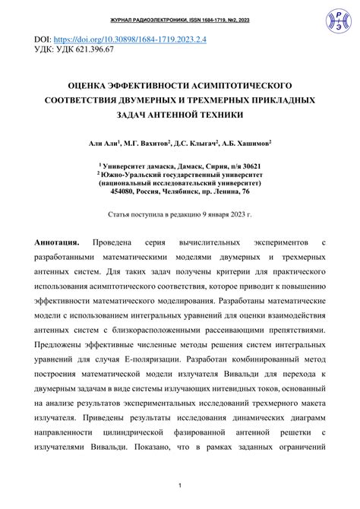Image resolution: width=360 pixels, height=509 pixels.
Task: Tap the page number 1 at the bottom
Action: click(x=180, y=485)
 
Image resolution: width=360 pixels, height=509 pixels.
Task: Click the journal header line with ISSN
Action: click(x=179, y=7)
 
